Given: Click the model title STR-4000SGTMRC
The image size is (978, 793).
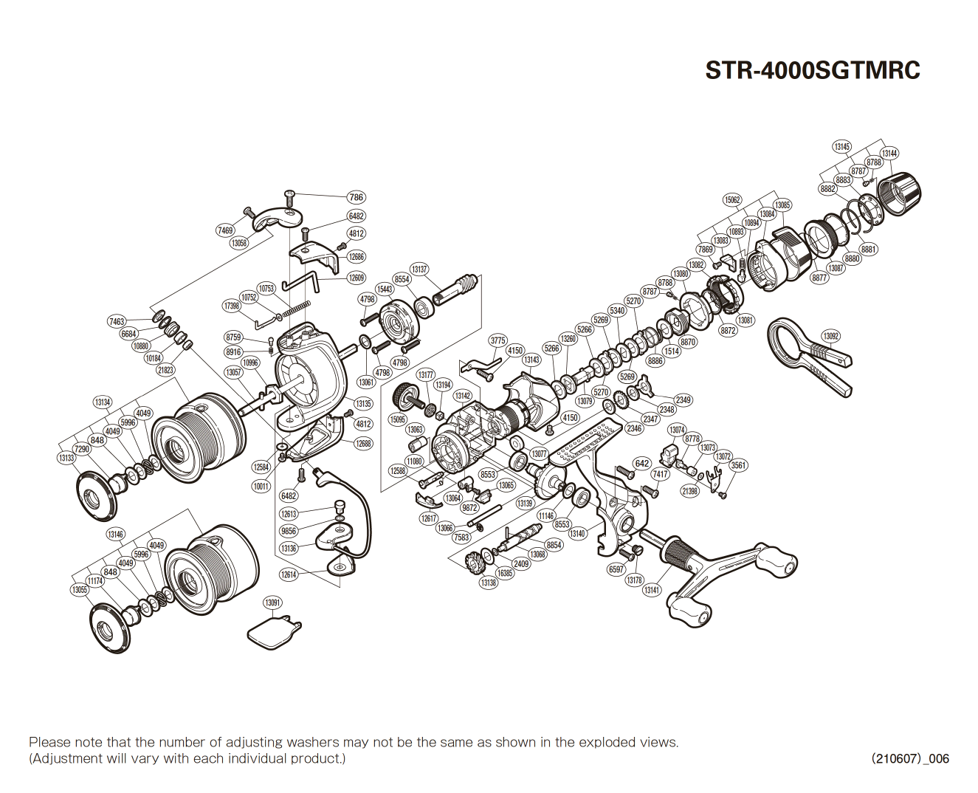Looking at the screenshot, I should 813,70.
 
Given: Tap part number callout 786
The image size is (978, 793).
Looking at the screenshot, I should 356,197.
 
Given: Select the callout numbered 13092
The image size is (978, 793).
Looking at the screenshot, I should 830,336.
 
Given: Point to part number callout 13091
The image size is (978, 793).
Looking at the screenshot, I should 273,603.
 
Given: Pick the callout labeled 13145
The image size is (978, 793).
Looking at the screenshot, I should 841,147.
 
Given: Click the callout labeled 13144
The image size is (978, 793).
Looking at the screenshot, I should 889,154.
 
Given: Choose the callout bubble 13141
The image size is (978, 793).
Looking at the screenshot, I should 651,590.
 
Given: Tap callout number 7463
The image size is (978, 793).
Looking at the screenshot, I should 117,321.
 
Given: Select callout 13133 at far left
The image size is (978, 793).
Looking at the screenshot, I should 66,458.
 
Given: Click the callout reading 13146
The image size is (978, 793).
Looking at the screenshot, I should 115,534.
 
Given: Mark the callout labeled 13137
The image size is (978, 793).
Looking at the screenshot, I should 419,270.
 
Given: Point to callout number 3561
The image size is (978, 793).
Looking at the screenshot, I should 738,465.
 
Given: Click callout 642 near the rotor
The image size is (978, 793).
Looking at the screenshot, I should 642,464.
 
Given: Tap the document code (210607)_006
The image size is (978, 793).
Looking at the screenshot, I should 910,758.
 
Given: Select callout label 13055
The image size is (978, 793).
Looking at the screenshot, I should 79,590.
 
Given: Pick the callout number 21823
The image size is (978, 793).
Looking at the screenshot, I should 165,370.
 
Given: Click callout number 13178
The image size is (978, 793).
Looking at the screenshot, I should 634,580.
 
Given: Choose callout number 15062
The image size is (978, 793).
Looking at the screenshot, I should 731,200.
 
